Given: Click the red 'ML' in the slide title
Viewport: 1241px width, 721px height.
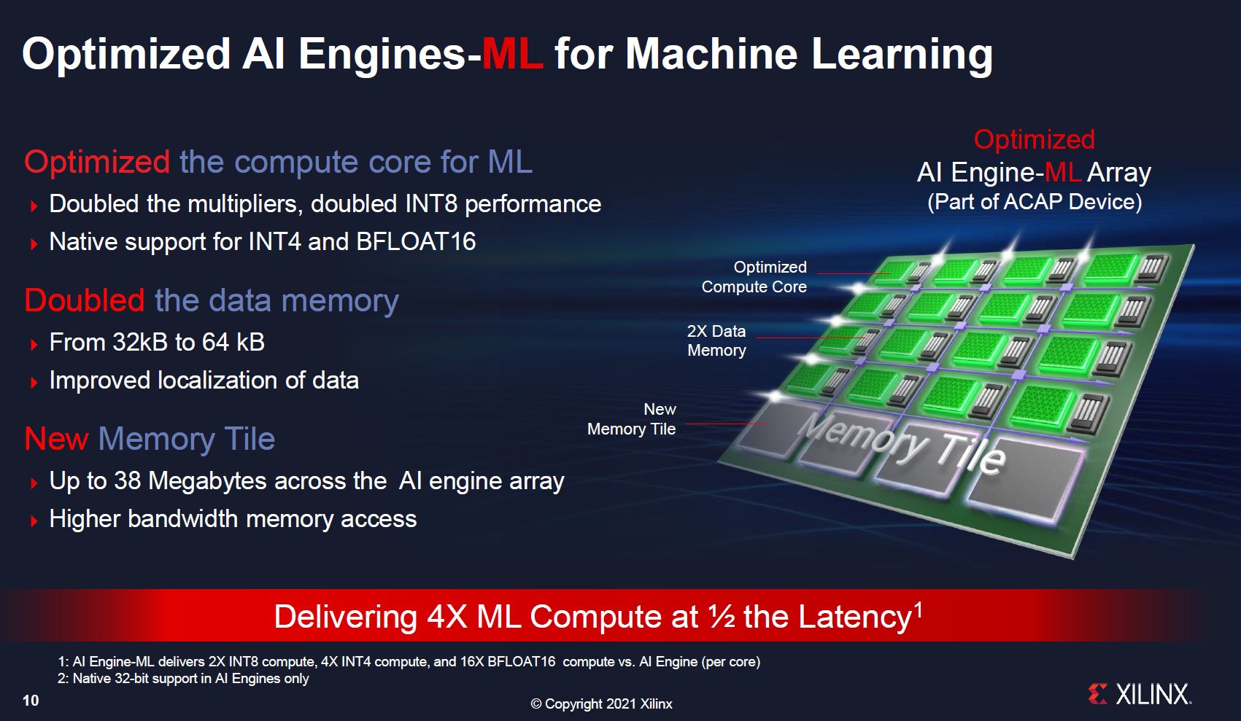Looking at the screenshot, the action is point(512,54).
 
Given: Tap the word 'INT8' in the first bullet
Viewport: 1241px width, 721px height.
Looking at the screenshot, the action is point(432,204).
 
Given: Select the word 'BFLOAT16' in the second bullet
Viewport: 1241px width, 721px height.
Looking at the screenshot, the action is point(416,241).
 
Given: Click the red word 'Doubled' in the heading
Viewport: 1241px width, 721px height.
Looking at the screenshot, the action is point(85,300).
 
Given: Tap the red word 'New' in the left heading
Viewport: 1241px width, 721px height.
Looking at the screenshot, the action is point(56,439).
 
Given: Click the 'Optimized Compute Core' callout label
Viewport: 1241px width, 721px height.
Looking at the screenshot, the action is point(754,277).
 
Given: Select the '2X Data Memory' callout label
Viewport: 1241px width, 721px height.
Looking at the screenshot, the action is point(716,340).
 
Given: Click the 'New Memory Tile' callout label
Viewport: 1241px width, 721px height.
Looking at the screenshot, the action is point(632,418).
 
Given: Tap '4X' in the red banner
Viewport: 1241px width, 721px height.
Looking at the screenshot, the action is point(446,616).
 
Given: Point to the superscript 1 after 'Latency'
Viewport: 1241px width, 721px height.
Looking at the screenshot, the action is point(918,609).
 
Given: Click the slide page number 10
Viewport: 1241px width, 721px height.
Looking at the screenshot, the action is point(31,701).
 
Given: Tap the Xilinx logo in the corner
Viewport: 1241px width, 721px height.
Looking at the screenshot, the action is point(1140,695).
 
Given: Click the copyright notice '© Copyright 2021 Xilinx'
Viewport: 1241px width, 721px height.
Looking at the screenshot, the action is point(602,704).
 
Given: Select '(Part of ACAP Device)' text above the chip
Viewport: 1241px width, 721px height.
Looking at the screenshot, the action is point(1035,202).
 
